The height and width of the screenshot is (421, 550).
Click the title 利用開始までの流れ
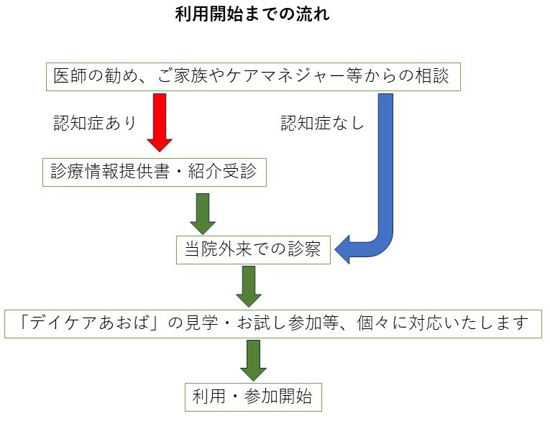click(x=252, y=14)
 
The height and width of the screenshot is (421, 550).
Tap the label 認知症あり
click(x=95, y=122)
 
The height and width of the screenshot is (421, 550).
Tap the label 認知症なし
click(x=322, y=123)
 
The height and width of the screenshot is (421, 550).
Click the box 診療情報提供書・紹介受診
click(x=154, y=171)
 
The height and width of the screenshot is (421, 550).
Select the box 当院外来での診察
click(x=253, y=250)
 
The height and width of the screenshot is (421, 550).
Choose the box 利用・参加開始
click(x=252, y=397)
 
